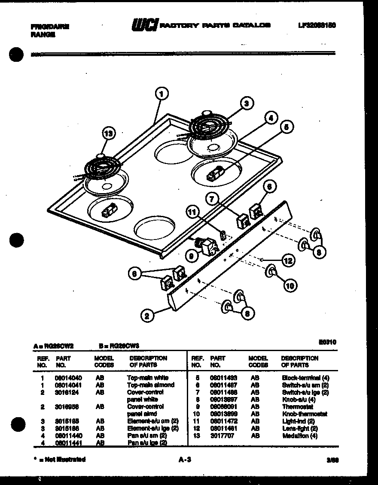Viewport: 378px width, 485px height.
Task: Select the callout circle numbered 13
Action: [x=110, y=134]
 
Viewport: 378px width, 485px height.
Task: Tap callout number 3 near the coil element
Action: [x=246, y=103]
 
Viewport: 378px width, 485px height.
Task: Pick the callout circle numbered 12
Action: [x=288, y=260]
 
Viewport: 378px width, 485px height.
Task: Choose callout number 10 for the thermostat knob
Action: [x=290, y=285]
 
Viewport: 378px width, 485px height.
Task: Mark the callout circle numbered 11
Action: [x=193, y=211]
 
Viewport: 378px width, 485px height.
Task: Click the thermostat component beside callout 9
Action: [x=210, y=246]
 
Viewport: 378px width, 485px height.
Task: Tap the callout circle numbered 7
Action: [x=212, y=198]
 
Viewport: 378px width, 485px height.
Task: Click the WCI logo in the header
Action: [x=145, y=25]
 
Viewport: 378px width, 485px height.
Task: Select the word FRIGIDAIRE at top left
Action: [x=50, y=26]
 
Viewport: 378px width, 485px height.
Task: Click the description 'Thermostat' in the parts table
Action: [x=297, y=406]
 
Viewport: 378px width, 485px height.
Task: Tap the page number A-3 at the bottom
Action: [x=184, y=460]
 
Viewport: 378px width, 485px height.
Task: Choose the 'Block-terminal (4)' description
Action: [x=305, y=378]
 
